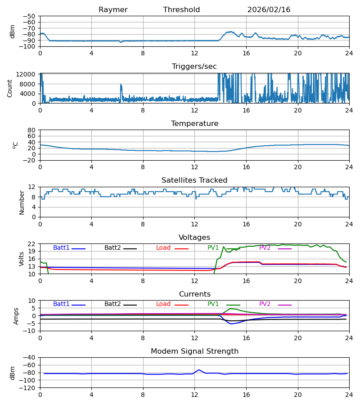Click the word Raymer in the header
pos(113,10)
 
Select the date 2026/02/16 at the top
pos(269,10)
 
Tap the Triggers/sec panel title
pos(194,67)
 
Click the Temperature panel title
pos(194,124)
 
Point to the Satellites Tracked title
pos(194,180)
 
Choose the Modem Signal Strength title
pos(194,351)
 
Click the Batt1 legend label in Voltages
pos(61,248)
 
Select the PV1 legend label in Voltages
pos(213,248)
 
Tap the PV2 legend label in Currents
pos(265,304)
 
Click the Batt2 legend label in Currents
pos(112,304)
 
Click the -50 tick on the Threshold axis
pos(31,16)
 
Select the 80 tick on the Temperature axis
pos(32,130)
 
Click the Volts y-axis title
pos(21,259)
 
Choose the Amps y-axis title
pos(17,316)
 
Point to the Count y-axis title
pos(10,88)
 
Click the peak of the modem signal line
pos(199,370)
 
